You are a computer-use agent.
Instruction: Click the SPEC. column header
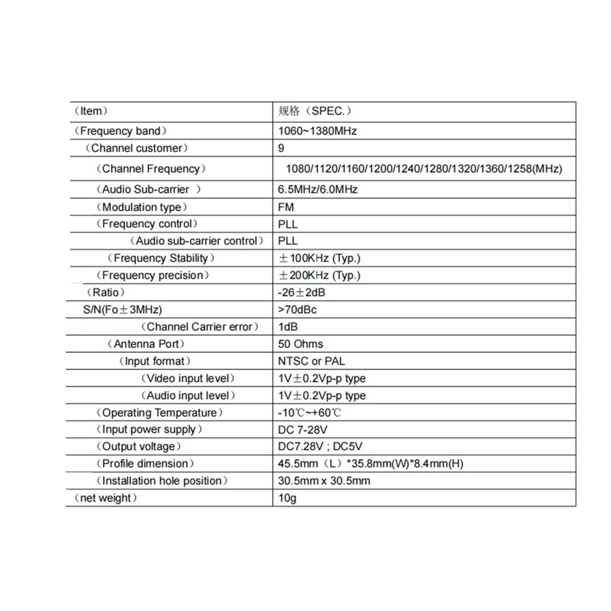coord(315,111)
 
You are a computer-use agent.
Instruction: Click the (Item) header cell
coord(91,111)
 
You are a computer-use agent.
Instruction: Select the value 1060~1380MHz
coord(317,131)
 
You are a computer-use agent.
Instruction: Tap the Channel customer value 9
coord(281,148)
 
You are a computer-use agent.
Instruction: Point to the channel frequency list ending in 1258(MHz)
coord(424,169)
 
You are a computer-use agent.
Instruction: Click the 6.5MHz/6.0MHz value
coord(317,189)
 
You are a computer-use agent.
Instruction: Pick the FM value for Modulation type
coord(286,207)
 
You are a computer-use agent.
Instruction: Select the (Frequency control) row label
coord(147,224)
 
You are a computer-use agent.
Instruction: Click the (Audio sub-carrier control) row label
coord(197,241)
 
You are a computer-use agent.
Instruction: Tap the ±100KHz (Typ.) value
coord(319,258)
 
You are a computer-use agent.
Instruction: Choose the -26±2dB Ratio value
coord(301,292)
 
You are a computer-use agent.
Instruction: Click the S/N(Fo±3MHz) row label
coord(122,310)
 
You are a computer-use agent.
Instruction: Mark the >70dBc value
coord(297,310)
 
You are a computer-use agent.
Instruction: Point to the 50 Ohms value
coord(300,344)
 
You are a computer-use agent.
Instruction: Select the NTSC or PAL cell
coord(311,362)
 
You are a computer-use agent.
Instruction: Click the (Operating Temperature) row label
coord(159,413)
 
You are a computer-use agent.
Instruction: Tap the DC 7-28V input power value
coord(302,430)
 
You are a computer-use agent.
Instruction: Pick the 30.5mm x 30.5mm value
coord(324,481)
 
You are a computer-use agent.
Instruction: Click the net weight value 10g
coord(287,498)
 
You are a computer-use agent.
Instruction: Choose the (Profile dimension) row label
coord(145,464)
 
